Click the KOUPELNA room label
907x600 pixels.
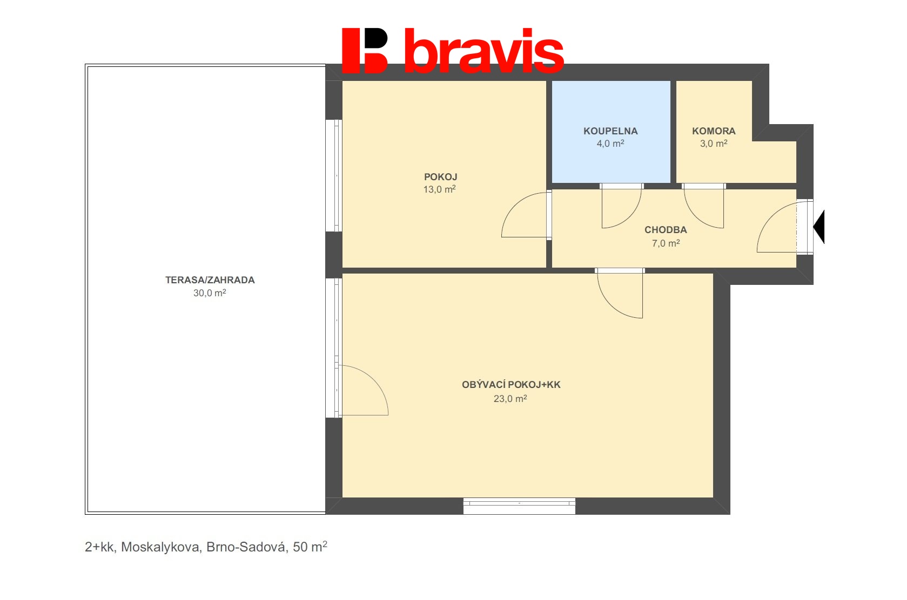[610, 131]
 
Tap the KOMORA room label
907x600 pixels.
[714, 131]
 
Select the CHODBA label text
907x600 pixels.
[666, 230]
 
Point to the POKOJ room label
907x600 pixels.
[440, 176]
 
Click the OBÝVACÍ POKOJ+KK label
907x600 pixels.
[511, 385]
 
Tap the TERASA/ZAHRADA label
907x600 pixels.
[210, 280]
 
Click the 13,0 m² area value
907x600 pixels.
[439, 189]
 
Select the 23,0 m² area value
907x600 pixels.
[510, 398]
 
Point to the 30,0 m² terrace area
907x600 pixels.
[210, 293]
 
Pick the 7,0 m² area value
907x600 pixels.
[666, 243]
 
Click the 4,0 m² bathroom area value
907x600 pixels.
[610, 143]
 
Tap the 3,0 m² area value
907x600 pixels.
[714, 143]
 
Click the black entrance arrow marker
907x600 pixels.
[819, 227]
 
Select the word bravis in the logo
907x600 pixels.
[484, 51]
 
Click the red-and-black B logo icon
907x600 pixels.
[365, 51]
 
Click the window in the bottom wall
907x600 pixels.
[519, 506]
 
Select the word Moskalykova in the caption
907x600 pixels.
[162, 547]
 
